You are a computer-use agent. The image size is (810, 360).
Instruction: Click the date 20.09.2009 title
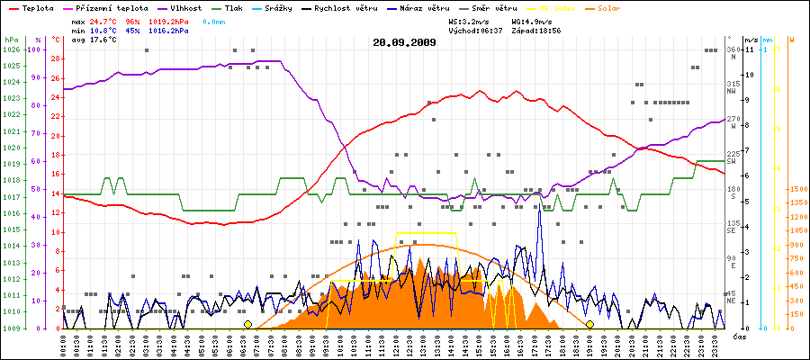point(404,42)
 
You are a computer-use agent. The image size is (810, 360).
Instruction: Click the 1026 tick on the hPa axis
point(11,49)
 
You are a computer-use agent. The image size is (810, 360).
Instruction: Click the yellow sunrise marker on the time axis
point(247,324)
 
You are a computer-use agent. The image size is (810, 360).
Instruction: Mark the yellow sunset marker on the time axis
point(589,324)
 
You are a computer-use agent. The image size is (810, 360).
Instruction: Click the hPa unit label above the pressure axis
point(10,40)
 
